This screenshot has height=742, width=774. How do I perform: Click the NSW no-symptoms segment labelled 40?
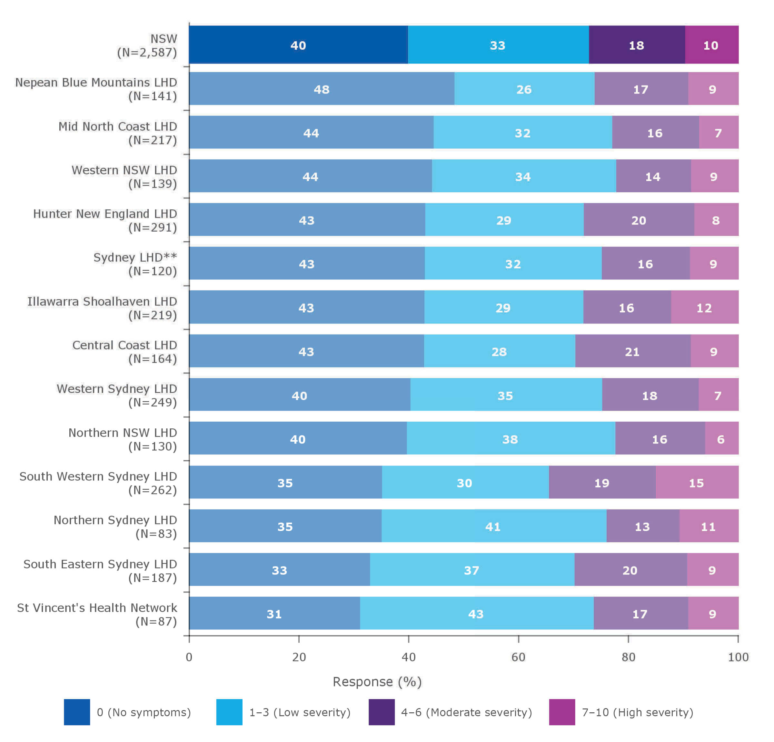click(x=298, y=45)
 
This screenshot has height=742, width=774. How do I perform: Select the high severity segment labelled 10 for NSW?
click(x=711, y=45)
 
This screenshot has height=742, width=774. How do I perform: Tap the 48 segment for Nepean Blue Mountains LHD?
click(x=322, y=89)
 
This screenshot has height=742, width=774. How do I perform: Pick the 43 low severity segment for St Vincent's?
click(x=476, y=614)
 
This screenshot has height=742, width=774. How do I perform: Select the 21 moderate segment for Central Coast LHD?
click(x=632, y=351)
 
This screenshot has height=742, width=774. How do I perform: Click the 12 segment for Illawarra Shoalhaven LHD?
click(x=704, y=307)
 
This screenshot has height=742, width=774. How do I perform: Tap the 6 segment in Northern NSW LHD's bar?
click(x=721, y=439)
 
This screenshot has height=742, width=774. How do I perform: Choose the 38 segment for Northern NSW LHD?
click(x=510, y=439)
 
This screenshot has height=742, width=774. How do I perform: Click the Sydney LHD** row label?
click(x=135, y=257)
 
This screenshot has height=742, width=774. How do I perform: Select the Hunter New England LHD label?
click(x=105, y=214)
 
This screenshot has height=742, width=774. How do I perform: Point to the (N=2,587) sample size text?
click(x=147, y=52)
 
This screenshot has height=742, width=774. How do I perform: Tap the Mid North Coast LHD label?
click(x=118, y=126)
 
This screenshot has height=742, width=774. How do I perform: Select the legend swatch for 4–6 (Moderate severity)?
click(x=382, y=712)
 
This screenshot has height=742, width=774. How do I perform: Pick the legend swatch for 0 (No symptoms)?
click(x=77, y=712)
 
